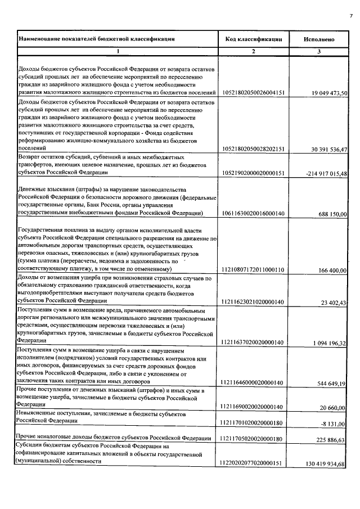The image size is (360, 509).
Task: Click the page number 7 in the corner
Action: click(350, 15)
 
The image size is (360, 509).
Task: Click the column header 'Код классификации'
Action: click(253, 39)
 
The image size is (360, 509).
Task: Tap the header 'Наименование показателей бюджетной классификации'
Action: click(97, 39)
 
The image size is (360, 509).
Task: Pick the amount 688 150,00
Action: click(332, 214)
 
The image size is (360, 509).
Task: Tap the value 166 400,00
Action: click(332, 271)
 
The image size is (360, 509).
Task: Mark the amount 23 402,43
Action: click(334, 303)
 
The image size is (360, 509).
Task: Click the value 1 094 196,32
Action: click(329, 343)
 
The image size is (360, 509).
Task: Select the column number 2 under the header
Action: click(253, 52)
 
